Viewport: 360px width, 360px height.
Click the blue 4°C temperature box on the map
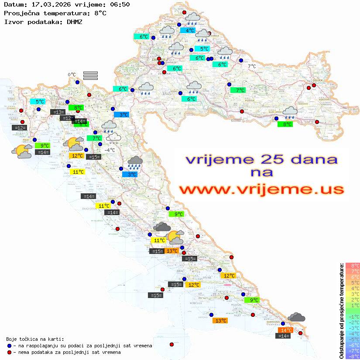(x=190, y=31)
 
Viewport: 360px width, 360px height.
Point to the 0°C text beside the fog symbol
(x=72, y=75)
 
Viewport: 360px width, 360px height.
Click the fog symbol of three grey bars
(x=90, y=75)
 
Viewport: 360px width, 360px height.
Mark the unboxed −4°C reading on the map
(x=109, y=150)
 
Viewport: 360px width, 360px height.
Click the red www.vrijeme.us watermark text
(x=261, y=190)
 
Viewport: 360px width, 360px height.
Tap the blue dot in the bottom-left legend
(x=9, y=346)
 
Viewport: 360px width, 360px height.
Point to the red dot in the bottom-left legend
(x=9, y=352)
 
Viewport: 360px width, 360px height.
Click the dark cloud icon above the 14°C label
(x=297, y=317)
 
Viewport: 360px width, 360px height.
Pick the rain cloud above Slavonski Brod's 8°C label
(x=290, y=113)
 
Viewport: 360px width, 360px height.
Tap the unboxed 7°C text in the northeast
(x=252, y=66)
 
